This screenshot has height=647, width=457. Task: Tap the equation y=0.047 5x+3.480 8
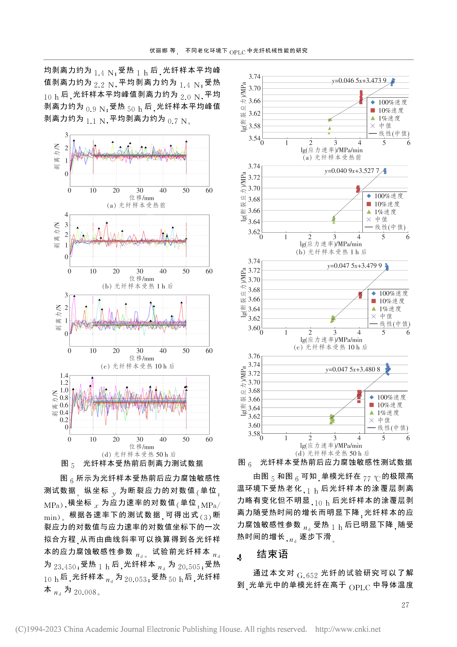[x=353, y=369]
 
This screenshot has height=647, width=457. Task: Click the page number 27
[x=405, y=605]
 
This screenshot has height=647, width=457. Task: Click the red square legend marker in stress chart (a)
[x=373, y=110]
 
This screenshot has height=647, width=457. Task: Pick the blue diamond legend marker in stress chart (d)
[x=371, y=397]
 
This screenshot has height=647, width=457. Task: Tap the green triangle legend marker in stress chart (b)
[x=369, y=212]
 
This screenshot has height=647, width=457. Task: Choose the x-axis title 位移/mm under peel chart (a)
[x=142, y=198]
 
